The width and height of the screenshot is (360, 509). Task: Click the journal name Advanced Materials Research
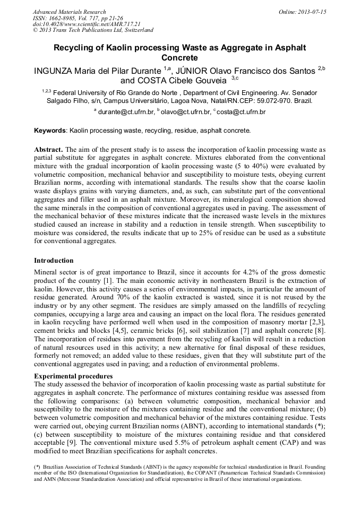(69, 12)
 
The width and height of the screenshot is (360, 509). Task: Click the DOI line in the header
(87, 24)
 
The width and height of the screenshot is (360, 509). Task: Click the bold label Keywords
(50, 130)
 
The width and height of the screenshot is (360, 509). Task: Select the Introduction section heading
(54, 261)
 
